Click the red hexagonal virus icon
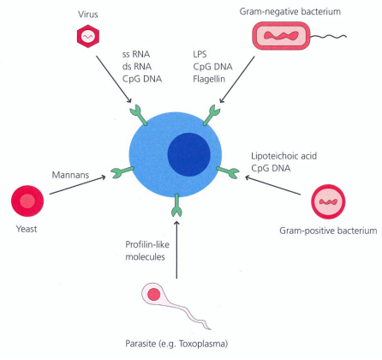pos(89,37)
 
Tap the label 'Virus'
pos(88,11)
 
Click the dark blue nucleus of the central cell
pos(191,157)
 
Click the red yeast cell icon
pos(28,202)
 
